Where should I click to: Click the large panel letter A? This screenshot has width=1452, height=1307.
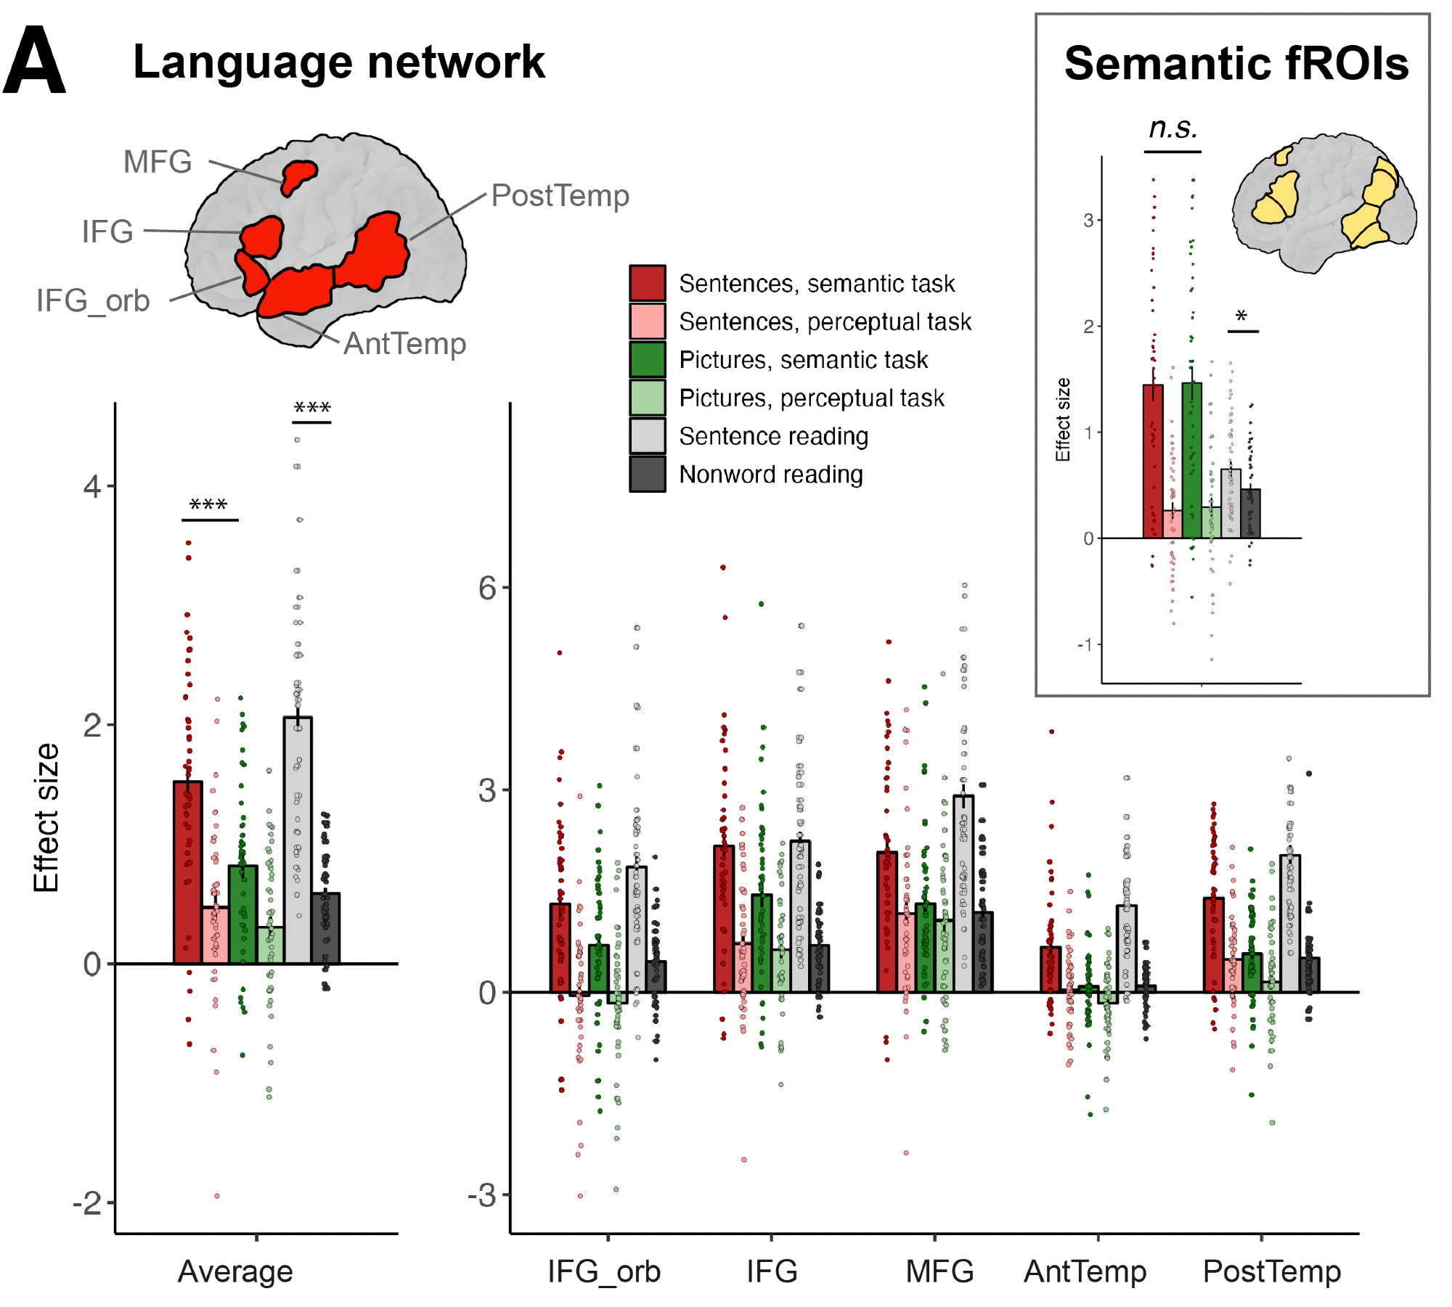tap(34, 61)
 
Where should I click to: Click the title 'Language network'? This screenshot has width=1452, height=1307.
tap(338, 62)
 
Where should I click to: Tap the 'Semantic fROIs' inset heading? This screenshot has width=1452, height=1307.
tap(1236, 64)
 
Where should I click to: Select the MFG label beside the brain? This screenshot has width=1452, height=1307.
tap(158, 162)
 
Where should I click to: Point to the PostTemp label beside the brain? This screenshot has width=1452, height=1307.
tap(560, 196)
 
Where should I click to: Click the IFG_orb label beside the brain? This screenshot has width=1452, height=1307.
tap(93, 300)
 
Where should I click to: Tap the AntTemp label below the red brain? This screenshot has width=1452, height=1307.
tap(404, 344)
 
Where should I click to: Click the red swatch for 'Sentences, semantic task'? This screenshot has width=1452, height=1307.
tap(647, 283)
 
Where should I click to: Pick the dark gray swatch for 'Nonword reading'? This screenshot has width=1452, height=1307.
tap(647, 475)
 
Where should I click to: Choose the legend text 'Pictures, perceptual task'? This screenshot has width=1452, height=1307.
tap(811, 398)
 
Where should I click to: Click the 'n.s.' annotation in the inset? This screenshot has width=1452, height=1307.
tap(1172, 128)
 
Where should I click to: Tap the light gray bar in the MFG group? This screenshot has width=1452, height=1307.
tap(963, 893)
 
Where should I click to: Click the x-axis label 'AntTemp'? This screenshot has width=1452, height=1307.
tap(1085, 1271)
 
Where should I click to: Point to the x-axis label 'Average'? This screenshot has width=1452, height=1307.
tap(235, 1271)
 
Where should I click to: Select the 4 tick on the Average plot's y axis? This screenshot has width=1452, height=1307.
tap(92, 486)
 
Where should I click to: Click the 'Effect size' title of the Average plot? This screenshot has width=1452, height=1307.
tap(46, 817)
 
